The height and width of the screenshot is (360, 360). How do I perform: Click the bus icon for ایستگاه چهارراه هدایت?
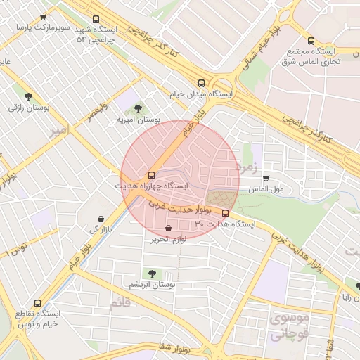[151, 175]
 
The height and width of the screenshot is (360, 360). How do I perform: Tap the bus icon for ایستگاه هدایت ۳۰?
[225, 213]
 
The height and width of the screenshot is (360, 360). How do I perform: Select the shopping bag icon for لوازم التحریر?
[168, 228]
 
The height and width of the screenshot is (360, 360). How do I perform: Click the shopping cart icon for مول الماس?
[265, 179]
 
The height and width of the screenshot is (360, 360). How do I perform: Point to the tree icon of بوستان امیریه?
[137, 108]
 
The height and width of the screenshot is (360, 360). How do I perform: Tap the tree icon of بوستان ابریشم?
[150, 273]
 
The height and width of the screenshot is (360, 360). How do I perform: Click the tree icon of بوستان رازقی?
[28, 96]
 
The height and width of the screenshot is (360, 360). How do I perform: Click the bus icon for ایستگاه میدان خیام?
[202, 82]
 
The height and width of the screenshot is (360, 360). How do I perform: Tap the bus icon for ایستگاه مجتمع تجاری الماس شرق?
[311, 41]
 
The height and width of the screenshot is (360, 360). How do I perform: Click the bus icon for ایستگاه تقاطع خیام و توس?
[37, 303]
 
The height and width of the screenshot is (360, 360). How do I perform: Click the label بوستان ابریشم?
[152, 285]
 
